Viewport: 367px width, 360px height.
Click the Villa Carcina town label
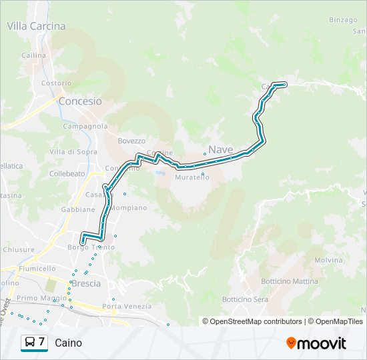(x=36, y=26)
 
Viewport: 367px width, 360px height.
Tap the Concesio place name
(x=80, y=101)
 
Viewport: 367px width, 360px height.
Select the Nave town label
(x=221, y=150)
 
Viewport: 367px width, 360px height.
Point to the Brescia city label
(x=85, y=283)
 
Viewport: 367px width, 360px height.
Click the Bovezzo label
(x=131, y=141)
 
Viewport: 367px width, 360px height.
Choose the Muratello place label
(x=192, y=177)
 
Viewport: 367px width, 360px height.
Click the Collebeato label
(x=67, y=173)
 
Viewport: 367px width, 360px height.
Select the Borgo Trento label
(x=91, y=247)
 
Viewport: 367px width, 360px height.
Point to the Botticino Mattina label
(x=290, y=281)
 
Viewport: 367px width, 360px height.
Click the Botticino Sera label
(x=245, y=299)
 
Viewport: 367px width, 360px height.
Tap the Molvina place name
(x=328, y=260)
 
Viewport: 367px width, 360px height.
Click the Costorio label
(x=56, y=83)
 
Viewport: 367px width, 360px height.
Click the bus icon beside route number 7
(x=30, y=343)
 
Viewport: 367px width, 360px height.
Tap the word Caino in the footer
(x=68, y=343)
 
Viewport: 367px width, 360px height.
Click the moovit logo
(x=316, y=343)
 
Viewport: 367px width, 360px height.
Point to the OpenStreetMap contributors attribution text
(x=252, y=321)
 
